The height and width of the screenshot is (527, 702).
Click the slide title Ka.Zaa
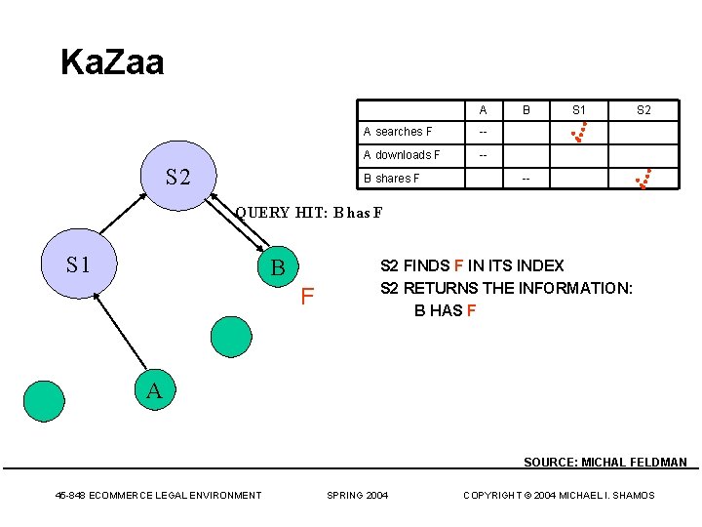click(112, 62)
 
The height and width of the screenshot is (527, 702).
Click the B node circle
click(279, 266)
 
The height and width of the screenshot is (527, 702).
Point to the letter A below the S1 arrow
click(154, 391)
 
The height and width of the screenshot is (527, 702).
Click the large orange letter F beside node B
click(307, 295)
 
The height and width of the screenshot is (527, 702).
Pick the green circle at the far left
click(43, 400)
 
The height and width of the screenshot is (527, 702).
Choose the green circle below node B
click(231, 336)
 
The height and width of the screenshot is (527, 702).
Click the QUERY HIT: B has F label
click(309, 213)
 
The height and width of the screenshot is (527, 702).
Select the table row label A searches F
click(398, 132)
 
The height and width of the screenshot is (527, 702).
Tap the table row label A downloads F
click(402, 155)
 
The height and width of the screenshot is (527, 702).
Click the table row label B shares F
click(392, 179)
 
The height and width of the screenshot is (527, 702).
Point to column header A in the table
click(484, 110)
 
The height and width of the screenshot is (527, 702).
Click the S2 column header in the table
click(643, 110)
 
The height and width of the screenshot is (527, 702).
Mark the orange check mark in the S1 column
click(580, 132)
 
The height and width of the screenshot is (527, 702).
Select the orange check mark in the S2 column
click(643, 178)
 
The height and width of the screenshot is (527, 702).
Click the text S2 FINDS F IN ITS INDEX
click(472, 265)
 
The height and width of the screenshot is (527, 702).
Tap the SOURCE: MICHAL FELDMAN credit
click(605, 463)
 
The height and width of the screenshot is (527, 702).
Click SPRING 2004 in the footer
click(357, 496)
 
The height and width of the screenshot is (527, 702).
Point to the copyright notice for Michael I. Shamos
click(559, 496)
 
